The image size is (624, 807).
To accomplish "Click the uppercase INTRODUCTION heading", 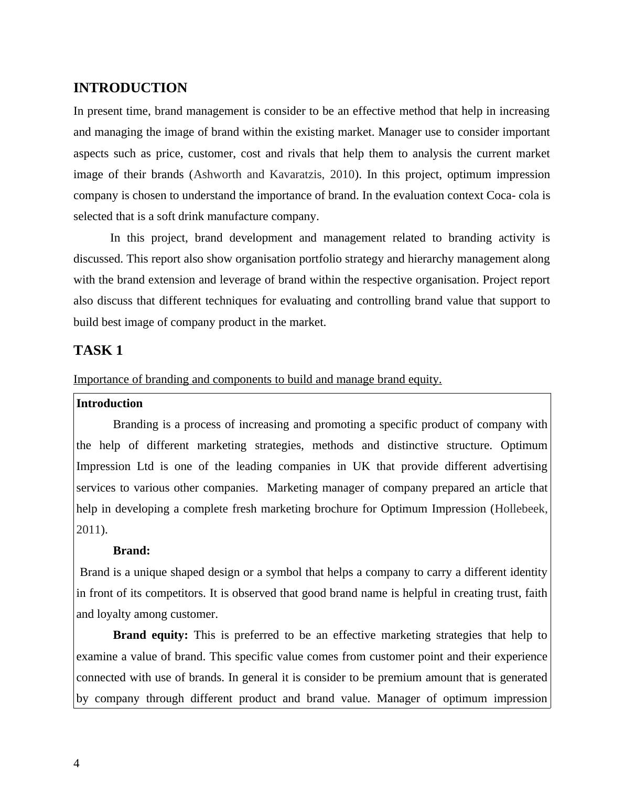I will pos(130,88).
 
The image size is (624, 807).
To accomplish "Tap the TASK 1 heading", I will pos(98,351).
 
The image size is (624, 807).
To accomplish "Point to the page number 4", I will pos(77,764).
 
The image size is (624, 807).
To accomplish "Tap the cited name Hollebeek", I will pos(521,509).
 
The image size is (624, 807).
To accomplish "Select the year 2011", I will pos(88,530).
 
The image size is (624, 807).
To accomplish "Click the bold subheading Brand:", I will pos(132,551).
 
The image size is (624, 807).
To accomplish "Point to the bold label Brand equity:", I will pos(150,635).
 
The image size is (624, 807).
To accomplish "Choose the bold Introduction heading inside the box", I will pos(110,403).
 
